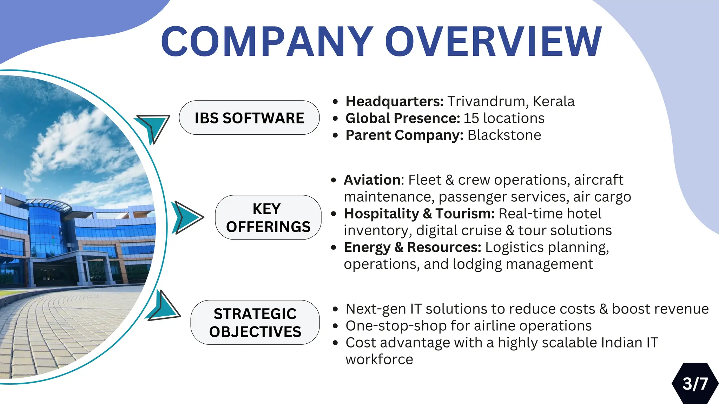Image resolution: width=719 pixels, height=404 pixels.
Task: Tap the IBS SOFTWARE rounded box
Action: point(249,118)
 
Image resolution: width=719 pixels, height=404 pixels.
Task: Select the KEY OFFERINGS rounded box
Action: point(268,217)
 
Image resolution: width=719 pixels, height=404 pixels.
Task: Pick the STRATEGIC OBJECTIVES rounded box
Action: point(255,322)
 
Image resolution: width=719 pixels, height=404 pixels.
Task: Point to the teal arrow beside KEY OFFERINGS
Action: point(186,217)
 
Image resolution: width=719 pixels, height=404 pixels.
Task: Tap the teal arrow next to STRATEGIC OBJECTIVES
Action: point(164,307)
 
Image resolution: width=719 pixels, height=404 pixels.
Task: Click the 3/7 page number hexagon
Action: point(695,384)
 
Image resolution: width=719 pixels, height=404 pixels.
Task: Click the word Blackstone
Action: point(504,135)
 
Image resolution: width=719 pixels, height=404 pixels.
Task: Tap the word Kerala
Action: point(554,101)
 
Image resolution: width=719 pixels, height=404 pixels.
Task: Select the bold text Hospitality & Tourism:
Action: point(419,214)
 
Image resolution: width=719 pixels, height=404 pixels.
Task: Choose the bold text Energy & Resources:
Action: point(413,247)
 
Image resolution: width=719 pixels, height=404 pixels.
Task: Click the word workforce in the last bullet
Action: point(379,359)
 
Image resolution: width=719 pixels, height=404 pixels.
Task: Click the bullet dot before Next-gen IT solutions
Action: point(335,309)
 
